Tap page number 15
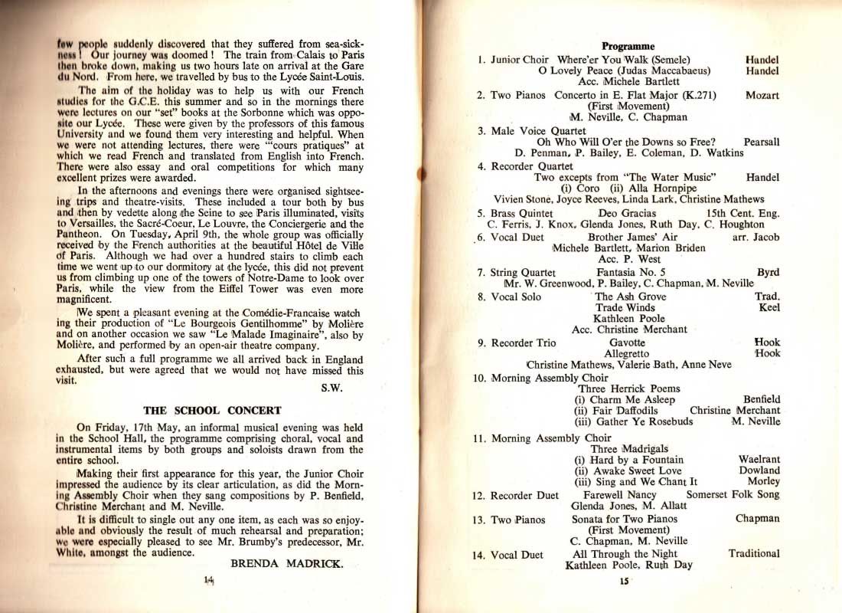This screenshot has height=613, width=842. [x=624, y=582]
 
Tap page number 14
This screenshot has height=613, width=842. [x=207, y=581]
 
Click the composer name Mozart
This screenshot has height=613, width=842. [x=762, y=96]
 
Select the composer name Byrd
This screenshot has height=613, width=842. [x=768, y=272]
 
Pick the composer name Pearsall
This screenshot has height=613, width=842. [x=761, y=143]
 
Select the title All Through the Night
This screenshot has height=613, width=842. [x=625, y=553]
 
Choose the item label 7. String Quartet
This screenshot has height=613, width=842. [x=516, y=272]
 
